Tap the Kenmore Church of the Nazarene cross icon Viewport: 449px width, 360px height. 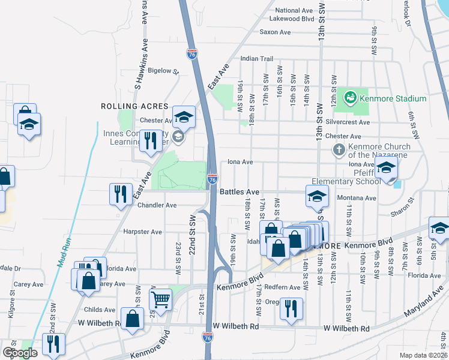tap(339, 149)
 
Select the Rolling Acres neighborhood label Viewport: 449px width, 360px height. tap(125, 106)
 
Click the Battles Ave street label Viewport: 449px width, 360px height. tap(240, 192)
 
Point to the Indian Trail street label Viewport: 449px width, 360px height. tap(257, 59)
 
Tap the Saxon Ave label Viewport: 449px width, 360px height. tap(276, 32)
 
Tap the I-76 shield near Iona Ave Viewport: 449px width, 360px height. tap(212, 179)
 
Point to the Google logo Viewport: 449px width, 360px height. tap(20, 353)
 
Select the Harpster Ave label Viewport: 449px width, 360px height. tap(143, 232)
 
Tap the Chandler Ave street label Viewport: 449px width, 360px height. tap(157, 205)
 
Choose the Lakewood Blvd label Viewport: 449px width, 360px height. tap(295, 19)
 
